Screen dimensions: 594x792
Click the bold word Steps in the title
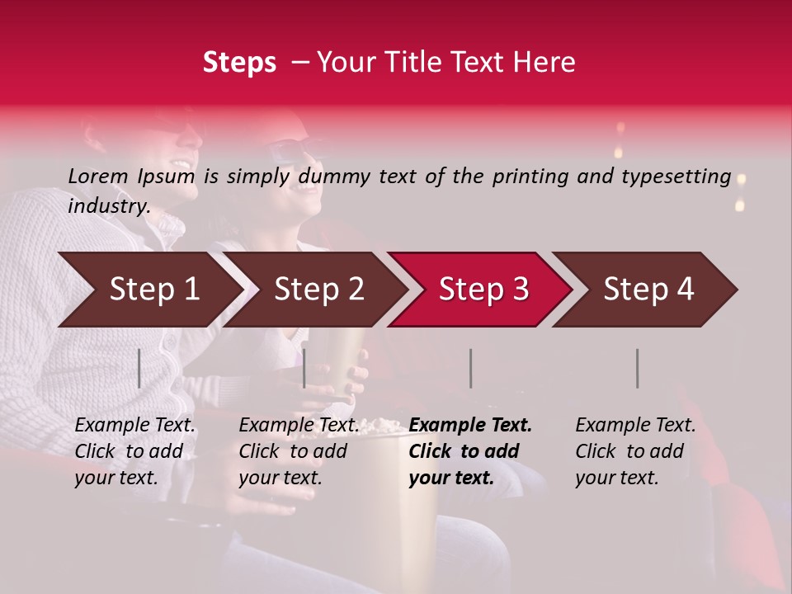point(239,63)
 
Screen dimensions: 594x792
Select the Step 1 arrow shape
point(148,290)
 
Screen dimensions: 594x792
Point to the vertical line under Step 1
point(139,368)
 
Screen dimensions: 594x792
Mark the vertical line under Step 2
point(304,368)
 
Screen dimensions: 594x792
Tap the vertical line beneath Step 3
point(471,368)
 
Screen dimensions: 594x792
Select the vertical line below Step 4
point(638,368)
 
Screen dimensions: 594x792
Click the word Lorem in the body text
point(97,177)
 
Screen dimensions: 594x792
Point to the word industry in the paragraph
point(107,206)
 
